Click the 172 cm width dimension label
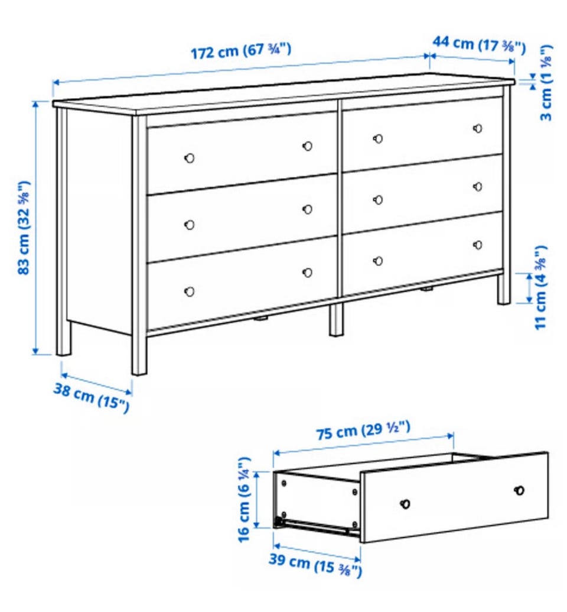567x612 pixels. coord(240,51)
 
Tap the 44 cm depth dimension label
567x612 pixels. coord(479,44)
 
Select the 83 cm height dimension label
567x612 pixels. coord(24,228)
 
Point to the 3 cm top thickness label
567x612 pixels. coord(546,83)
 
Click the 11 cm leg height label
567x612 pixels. coord(541,287)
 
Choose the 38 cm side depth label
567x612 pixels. coord(91,397)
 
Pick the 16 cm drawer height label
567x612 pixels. coord(244,500)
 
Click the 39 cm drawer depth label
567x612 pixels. coord(315,564)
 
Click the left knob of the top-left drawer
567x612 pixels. coord(190,158)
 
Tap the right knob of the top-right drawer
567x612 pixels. coord(478,128)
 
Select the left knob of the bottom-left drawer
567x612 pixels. coord(190,292)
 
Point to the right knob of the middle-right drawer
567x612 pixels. coord(478,187)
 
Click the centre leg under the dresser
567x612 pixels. coord(335,319)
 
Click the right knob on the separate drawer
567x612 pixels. coord(519,490)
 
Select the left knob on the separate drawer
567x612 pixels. coord(406,504)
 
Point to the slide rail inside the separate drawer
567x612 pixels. coord(312,525)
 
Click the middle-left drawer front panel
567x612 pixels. coord(242,218)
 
